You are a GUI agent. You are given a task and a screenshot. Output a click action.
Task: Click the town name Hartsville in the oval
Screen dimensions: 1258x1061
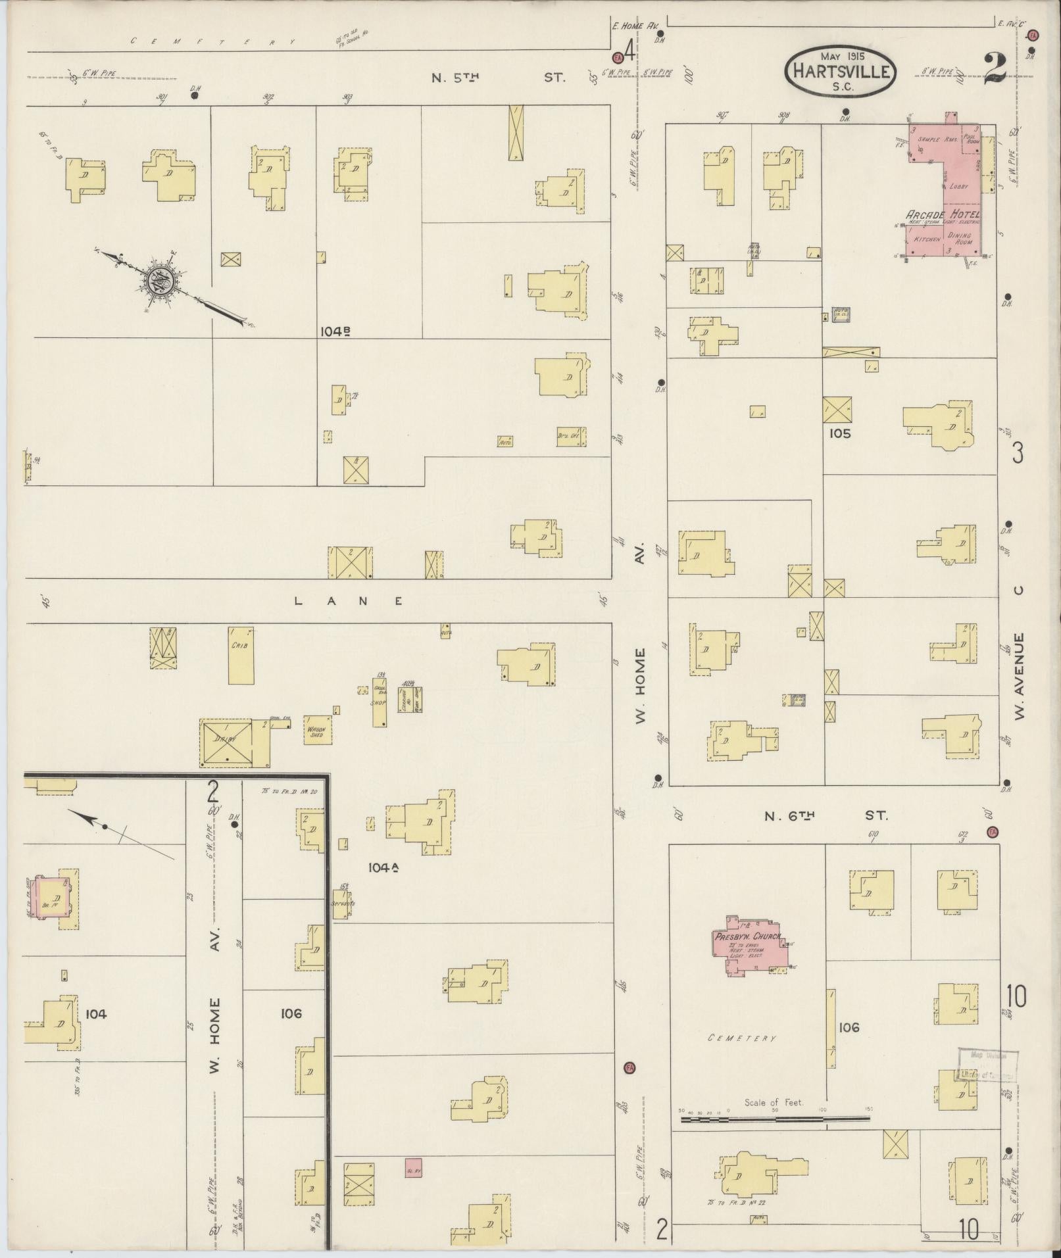(840, 71)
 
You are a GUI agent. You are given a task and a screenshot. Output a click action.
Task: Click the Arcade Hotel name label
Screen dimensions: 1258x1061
(943, 214)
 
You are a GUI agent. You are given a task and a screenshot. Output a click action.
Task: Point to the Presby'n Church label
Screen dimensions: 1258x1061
(747, 936)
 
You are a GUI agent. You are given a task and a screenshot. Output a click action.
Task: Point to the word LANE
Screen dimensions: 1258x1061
(348, 600)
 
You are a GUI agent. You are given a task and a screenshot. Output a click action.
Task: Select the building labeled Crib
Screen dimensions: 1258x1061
(241, 655)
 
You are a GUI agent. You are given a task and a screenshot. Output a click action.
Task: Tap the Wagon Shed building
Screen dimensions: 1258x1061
(318, 731)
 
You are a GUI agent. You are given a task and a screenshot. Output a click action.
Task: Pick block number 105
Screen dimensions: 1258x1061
(840, 433)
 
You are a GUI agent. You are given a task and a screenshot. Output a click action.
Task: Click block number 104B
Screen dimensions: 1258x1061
(335, 331)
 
